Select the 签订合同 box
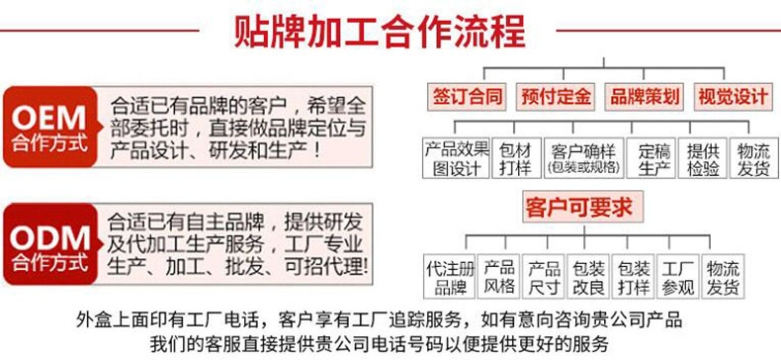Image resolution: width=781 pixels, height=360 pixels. (467, 97)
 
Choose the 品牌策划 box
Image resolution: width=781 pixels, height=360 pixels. (644, 97)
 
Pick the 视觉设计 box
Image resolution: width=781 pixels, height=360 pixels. (732, 97)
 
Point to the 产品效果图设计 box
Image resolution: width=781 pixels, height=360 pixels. (456, 158)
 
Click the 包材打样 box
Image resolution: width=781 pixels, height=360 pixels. (515, 158)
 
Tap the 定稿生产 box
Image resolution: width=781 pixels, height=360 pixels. (653, 158)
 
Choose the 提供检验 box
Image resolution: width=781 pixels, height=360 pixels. (703, 158)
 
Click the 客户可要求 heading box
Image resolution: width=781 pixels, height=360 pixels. (578, 208)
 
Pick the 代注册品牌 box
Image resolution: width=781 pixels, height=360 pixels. (448, 277)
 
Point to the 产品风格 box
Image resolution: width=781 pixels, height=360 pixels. (499, 277)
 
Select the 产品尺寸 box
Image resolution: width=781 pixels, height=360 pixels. (544, 277)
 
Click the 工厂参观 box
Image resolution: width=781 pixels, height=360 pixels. (677, 277)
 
